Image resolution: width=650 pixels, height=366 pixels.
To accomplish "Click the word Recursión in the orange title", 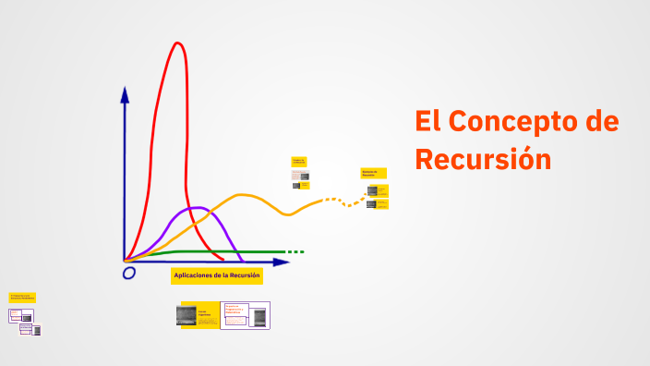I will click(x=483, y=158).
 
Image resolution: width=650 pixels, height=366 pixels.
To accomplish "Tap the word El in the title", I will click(x=427, y=122).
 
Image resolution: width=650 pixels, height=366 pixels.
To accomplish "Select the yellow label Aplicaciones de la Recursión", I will click(x=217, y=275).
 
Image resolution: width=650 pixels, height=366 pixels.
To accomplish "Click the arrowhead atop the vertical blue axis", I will click(x=125, y=93).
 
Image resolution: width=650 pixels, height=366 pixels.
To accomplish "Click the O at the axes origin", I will click(x=128, y=273).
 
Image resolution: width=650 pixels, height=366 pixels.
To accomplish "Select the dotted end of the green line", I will click(x=295, y=251).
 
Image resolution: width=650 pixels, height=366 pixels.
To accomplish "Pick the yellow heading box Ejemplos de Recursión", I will click(x=373, y=173).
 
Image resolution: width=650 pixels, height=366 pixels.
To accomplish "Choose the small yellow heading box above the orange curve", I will click(x=298, y=161).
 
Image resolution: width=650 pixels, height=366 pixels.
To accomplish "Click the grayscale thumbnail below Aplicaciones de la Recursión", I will click(x=187, y=315).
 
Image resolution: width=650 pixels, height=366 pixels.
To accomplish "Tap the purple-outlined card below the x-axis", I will click(x=246, y=315).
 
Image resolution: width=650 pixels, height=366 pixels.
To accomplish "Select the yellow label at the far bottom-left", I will click(x=22, y=299).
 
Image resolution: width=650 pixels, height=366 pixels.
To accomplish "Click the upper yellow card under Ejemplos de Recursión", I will click(x=378, y=190).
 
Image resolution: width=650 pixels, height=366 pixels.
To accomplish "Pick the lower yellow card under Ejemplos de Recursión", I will click(x=378, y=203).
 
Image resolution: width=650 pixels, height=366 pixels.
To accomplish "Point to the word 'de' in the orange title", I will click(x=598, y=122).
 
